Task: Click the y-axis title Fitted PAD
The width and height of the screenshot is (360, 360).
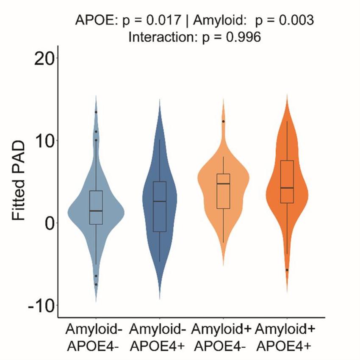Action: [x=19, y=181]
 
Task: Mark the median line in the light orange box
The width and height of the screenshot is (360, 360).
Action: [x=223, y=184]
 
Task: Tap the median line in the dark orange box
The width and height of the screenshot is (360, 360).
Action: [x=287, y=188]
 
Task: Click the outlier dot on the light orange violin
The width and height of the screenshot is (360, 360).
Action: [x=223, y=121]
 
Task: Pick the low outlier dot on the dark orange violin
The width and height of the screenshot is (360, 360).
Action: [x=287, y=270]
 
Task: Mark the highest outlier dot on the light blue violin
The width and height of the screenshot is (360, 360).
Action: [x=96, y=112]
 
